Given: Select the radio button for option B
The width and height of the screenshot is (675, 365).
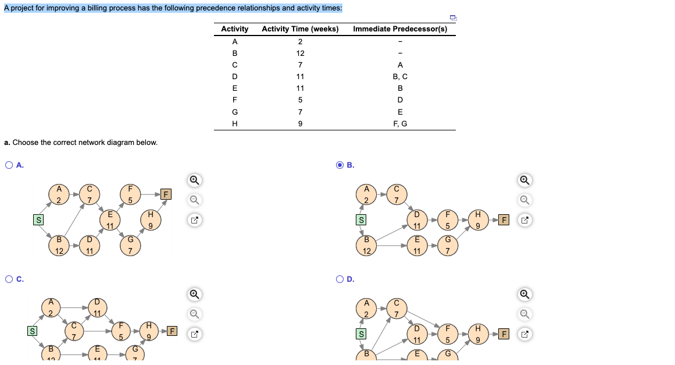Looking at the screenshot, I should pyautogui.click(x=340, y=165).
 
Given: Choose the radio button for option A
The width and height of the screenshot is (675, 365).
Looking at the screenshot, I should pyautogui.click(x=9, y=165).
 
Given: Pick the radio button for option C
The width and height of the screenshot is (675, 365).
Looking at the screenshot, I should pyautogui.click(x=9, y=279).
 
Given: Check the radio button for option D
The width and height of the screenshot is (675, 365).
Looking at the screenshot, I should pyautogui.click(x=340, y=279).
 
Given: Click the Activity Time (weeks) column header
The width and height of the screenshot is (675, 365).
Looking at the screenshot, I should pyautogui.click(x=300, y=29).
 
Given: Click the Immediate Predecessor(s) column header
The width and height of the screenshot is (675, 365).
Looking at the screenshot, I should pyautogui.click(x=400, y=29).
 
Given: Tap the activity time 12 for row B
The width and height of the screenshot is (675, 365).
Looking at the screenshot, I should pyautogui.click(x=300, y=53).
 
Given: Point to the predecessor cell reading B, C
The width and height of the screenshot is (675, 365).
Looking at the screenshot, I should pyautogui.click(x=400, y=76).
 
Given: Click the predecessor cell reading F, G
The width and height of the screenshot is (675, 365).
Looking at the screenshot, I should pyautogui.click(x=400, y=123).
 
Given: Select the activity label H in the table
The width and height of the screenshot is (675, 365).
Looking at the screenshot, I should pyautogui.click(x=235, y=123).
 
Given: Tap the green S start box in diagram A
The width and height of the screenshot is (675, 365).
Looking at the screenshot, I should pyautogui.click(x=38, y=219).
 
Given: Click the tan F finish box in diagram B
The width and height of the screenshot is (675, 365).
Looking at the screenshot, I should pyautogui.click(x=505, y=220).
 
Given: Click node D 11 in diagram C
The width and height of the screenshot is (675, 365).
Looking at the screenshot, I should pyautogui.click(x=98, y=308).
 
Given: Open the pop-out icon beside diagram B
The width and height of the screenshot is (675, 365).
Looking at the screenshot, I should pyautogui.click(x=525, y=221).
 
